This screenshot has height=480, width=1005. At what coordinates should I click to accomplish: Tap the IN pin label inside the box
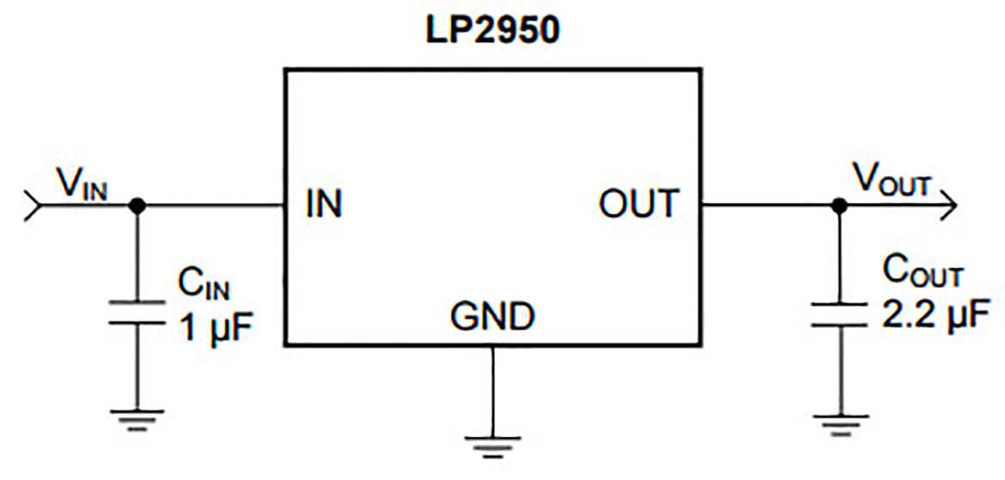pos(323,205)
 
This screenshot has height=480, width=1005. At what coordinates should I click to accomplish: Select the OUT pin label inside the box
pos(637,205)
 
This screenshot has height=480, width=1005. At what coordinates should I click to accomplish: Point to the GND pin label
pos(492,319)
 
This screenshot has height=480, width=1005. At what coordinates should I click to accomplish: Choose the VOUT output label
pos(891,181)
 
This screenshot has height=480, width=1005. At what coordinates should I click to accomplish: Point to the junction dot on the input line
pos(136,206)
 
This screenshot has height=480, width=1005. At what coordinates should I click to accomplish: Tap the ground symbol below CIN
pos(136,418)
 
